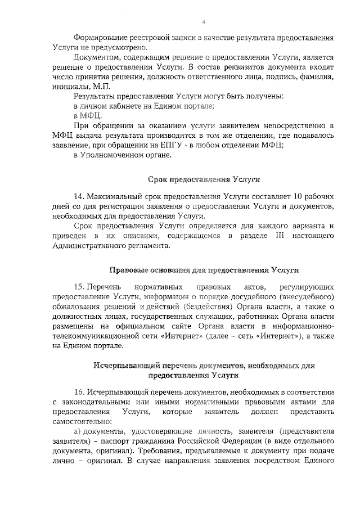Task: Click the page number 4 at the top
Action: pos(204,22)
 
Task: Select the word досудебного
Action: pos(265,297)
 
